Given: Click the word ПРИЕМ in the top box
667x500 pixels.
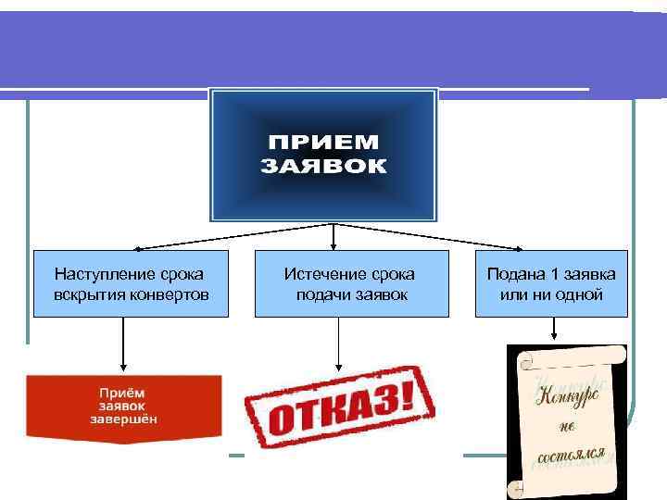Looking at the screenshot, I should point(323,144).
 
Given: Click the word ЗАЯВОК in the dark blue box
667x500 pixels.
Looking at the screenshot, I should point(323,167).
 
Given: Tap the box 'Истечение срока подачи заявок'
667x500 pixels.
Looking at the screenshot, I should point(350,284).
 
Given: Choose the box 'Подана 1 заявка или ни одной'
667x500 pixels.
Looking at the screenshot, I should point(551,284).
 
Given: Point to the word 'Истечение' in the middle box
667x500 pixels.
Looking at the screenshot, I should point(317,274).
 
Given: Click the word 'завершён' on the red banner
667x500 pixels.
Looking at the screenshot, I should point(123,419).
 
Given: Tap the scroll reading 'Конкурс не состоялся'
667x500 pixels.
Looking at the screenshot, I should point(567,421).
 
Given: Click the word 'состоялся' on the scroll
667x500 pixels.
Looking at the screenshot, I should point(570,455).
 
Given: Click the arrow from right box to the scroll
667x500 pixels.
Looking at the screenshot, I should point(554,329).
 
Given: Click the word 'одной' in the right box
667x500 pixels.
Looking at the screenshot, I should point(582,294).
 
